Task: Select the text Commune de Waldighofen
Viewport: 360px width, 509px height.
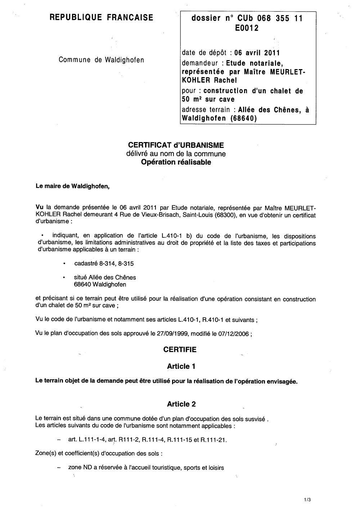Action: tap(101, 60)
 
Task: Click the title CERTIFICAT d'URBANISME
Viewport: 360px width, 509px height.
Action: tap(176, 145)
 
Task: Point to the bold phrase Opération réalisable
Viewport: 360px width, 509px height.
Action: tap(176, 162)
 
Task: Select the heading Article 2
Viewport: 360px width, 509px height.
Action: tap(181, 404)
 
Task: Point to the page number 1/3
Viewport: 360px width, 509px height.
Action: tap(307, 500)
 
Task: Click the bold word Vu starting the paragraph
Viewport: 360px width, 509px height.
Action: tap(40, 207)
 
